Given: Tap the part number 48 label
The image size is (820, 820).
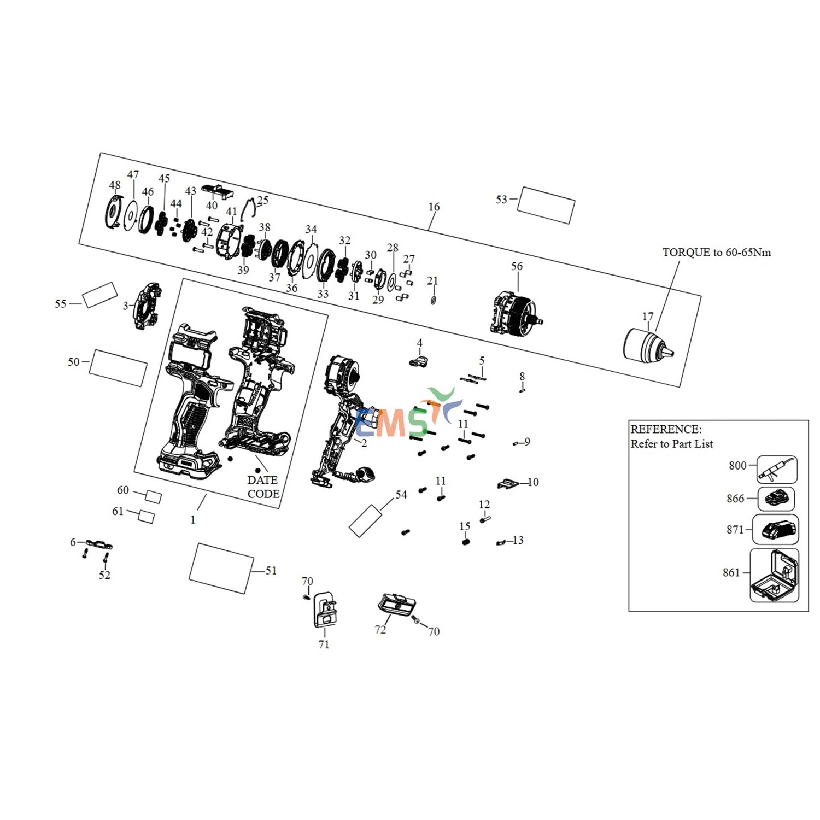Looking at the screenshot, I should (115, 185).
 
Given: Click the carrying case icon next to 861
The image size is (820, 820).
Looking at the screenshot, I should (774, 576).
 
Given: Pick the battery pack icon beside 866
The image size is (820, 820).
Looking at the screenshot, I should (776, 499).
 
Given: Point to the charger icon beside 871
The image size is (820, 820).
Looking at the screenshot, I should (776, 529).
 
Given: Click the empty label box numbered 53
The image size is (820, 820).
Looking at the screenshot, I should (546, 205).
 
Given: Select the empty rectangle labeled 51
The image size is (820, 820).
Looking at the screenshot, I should (221, 569).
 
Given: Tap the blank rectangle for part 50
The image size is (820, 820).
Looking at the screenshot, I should (118, 368).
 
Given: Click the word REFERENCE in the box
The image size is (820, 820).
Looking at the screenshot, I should (666, 429).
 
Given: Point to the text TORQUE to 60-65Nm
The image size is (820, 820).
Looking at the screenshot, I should (717, 253).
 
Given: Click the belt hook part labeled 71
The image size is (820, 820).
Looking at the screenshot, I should (325, 610).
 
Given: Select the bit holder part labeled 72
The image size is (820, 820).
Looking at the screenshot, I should (397, 605).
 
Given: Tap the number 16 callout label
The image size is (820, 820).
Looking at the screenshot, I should (434, 207).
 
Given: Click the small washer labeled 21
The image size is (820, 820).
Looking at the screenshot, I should (433, 300).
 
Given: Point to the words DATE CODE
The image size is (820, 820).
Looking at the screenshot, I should (263, 487).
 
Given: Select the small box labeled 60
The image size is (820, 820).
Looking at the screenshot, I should (154, 496).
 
